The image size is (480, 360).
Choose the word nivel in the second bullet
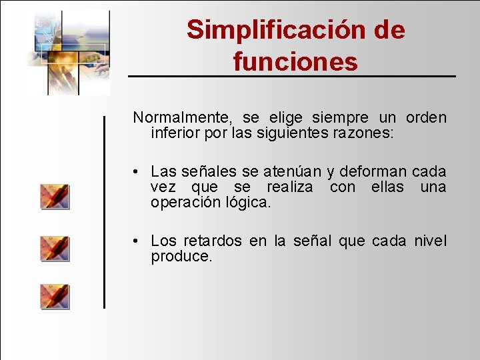[430, 241]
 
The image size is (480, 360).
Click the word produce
[181, 257]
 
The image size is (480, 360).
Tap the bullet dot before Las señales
[135, 172]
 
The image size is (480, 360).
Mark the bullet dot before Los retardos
[135, 241]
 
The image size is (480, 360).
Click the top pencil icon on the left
[55, 197]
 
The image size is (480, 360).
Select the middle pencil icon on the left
[55, 248]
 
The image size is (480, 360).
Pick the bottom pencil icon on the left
[55, 296]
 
